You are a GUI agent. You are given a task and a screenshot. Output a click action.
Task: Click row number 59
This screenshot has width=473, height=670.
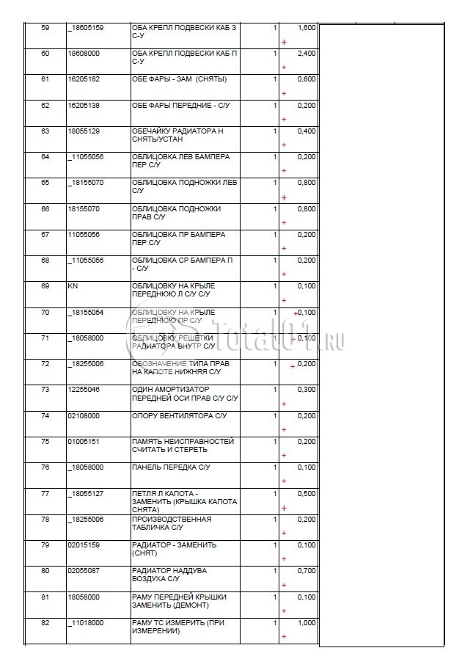click(45, 28)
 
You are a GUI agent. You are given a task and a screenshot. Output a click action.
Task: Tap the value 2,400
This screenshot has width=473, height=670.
click(307, 54)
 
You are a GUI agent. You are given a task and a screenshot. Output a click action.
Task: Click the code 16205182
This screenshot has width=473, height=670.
click(84, 79)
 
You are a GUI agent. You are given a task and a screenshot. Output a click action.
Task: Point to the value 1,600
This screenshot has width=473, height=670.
click(307, 28)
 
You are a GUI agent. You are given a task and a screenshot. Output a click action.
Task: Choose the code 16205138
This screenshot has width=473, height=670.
click(84, 105)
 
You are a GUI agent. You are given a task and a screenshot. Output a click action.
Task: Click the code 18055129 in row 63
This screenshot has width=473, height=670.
click(84, 131)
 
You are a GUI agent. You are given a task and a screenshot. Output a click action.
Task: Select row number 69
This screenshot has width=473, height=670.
click(45, 285)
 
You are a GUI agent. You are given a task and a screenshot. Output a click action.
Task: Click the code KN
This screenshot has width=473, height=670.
click(72, 285)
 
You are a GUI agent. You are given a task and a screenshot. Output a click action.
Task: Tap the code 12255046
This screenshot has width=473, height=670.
click(84, 389)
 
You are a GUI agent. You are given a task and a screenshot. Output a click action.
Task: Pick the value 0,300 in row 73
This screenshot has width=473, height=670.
click(307, 389)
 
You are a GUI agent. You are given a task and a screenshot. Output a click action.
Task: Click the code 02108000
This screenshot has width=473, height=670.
click(84, 415)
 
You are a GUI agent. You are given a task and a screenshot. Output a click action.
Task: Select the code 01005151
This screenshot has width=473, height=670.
click(84, 442)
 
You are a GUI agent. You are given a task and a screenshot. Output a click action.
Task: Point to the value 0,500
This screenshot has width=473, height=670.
click(307, 493)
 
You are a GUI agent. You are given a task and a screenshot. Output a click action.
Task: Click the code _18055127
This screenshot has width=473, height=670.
click(85, 493)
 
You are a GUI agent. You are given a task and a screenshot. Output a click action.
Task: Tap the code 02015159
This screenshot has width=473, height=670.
click(84, 545)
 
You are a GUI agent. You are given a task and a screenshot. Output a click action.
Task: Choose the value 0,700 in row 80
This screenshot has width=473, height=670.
click(307, 571)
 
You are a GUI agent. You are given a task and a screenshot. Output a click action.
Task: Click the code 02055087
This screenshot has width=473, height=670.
click(84, 571)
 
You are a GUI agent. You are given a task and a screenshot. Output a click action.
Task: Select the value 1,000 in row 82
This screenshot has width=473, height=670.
click(307, 622)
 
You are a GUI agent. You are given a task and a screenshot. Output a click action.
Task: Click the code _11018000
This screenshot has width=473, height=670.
click(85, 622)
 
